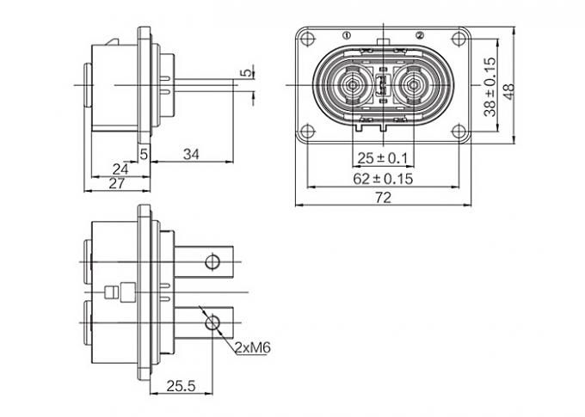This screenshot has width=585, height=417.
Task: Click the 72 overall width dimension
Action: pyautogui.click(x=384, y=198)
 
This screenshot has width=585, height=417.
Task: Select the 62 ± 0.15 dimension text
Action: pyautogui.click(x=384, y=179)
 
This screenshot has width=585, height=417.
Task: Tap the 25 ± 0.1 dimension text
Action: pyautogui.click(x=383, y=159)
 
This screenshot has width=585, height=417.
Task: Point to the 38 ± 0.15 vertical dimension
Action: pyautogui.click(x=490, y=87)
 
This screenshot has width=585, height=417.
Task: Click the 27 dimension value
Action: pyautogui.click(x=117, y=184)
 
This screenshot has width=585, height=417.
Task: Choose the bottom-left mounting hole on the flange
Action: pyautogui.click(x=306, y=132)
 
